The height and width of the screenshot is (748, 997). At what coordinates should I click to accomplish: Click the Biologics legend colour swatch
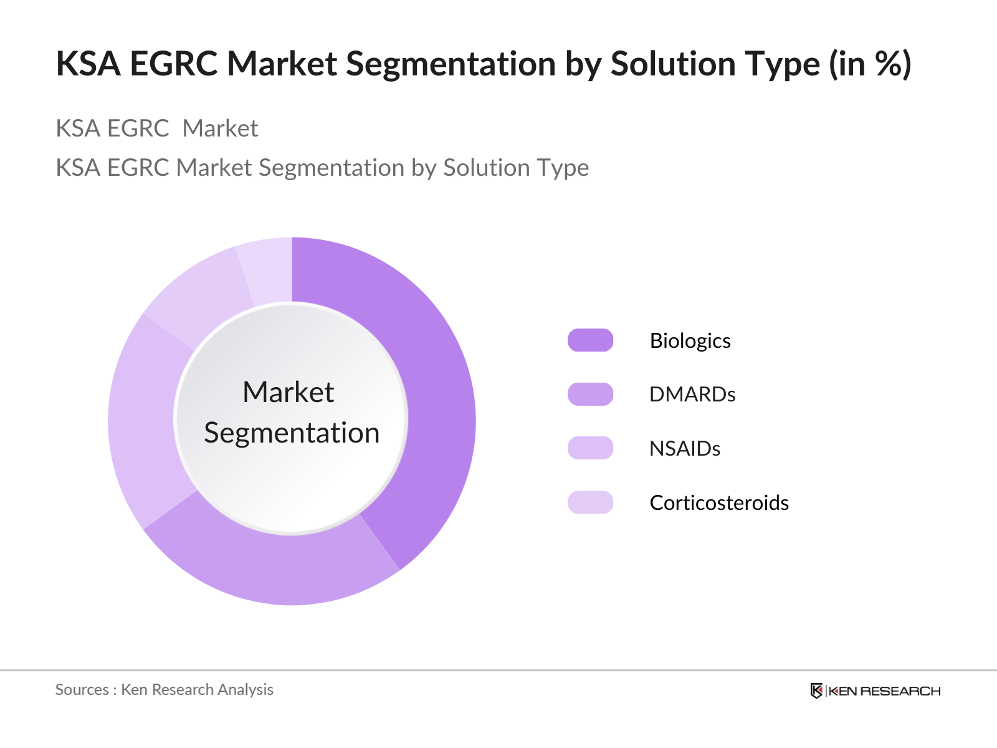[590, 340]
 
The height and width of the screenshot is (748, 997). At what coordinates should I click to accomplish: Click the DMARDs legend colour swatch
[590, 394]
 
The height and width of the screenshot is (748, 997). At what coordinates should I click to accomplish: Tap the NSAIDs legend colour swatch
[590, 448]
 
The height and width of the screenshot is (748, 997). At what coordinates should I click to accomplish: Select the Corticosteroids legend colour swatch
[590, 502]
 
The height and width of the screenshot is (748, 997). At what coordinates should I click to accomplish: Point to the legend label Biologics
[690, 341]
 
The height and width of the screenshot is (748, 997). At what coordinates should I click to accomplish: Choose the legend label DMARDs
[692, 395]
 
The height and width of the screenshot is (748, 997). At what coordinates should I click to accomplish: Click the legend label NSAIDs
[685, 449]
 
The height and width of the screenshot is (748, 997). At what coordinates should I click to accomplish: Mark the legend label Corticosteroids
[719, 503]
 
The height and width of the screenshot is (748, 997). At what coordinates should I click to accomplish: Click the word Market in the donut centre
[288, 392]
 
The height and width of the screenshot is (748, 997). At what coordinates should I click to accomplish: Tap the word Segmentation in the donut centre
[292, 433]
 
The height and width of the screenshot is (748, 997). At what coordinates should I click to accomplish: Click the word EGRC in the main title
[174, 64]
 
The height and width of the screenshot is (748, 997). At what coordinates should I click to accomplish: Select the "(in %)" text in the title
[870, 64]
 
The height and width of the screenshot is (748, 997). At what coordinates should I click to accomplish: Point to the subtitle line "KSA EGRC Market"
[156, 128]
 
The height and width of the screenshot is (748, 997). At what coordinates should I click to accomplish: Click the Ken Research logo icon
[816, 691]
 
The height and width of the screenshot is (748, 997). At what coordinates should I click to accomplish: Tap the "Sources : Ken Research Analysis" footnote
[165, 689]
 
